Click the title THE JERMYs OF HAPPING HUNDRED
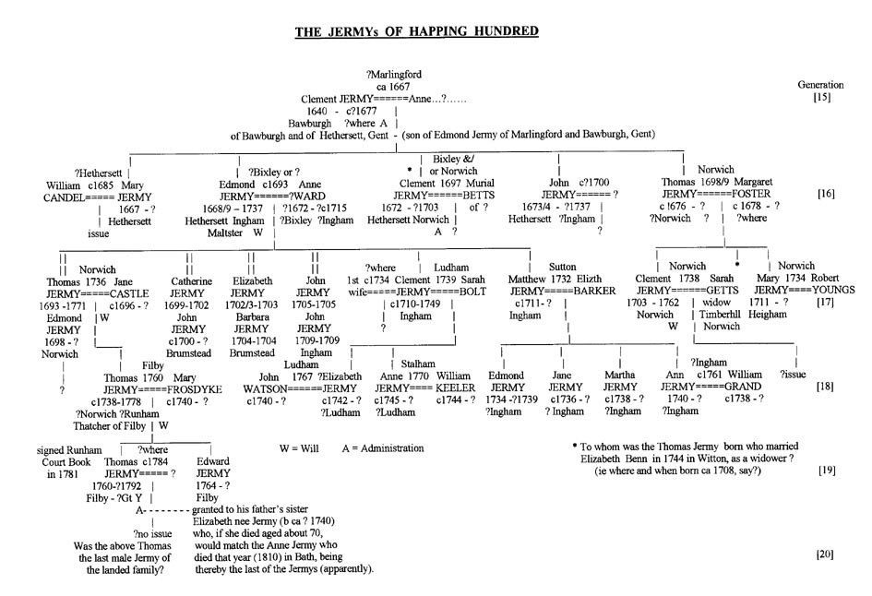tap(416, 32)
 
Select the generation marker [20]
tap(826, 554)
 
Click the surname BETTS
tap(476, 196)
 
